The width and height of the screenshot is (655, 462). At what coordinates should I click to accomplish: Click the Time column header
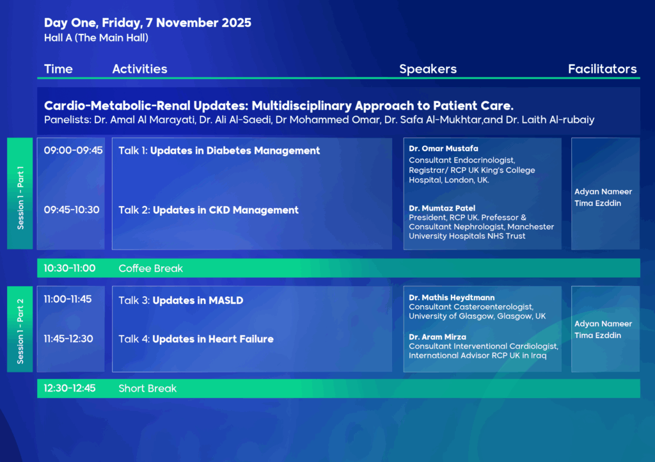coord(58,69)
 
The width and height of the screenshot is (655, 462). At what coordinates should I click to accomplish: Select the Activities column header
coord(139,69)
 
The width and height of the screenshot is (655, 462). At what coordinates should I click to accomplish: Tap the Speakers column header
coord(428,69)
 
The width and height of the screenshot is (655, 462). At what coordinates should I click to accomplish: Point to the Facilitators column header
coord(602,69)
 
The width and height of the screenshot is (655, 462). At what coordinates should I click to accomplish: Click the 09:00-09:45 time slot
coord(73,150)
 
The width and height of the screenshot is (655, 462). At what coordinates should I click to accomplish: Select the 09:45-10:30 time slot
coord(72,210)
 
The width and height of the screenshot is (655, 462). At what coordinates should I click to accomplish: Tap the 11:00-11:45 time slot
coord(68,299)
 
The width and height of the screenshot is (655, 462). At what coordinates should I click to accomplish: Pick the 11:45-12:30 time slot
coord(68,339)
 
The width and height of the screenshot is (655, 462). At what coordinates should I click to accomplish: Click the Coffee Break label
coord(151,268)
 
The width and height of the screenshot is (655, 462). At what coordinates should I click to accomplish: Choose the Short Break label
coord(148,388)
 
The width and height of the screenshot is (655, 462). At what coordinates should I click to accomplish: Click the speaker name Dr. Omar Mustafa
coord(443,148)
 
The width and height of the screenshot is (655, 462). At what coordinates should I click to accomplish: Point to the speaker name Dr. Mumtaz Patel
coord(442,208)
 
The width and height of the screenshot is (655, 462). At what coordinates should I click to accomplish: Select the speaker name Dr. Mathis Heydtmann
coord(452,298)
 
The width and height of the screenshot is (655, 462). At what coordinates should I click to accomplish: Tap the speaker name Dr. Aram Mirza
coord(438,337)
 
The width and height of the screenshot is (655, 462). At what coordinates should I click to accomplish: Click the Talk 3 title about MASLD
coord(181,300)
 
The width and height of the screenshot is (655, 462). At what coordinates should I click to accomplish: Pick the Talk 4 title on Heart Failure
coord(196,339)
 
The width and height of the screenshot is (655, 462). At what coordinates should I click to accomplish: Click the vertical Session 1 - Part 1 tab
coord(20,193)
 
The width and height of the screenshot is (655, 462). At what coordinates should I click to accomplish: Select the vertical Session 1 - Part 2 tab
coord(20,329)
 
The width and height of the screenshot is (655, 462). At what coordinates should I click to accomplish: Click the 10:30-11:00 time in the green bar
coord(70,268)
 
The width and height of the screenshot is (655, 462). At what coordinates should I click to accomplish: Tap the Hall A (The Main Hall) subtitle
coord(96,38)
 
